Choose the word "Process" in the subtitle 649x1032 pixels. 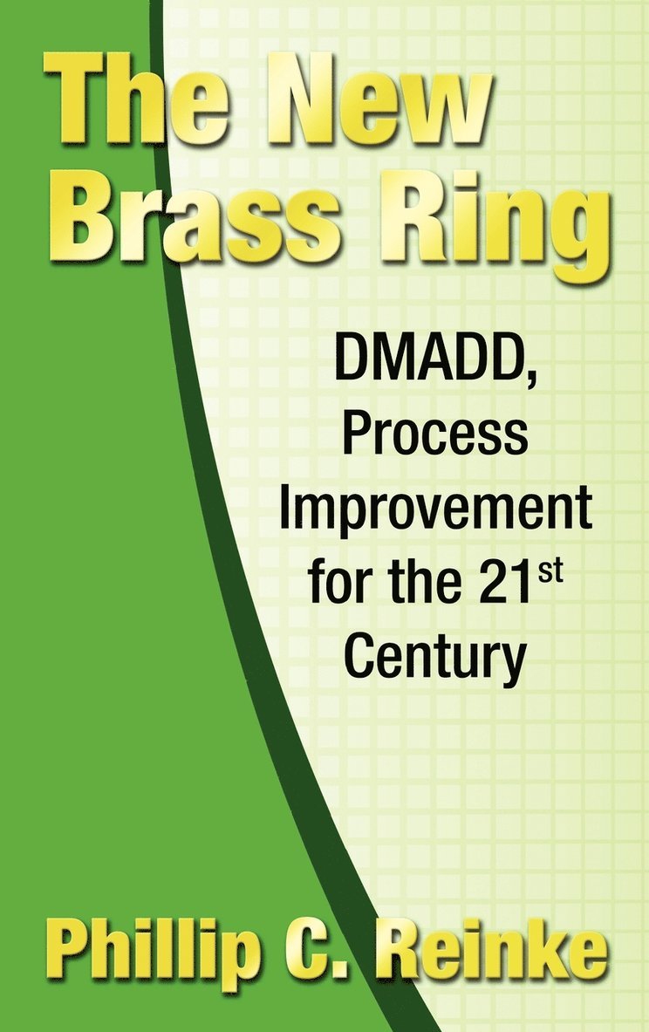(435, 435)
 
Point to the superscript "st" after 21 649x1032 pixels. (550, 571)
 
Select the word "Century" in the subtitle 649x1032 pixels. (435, 659)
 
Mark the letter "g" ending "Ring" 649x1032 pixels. (572, 238)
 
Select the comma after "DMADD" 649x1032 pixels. (529, 379)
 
